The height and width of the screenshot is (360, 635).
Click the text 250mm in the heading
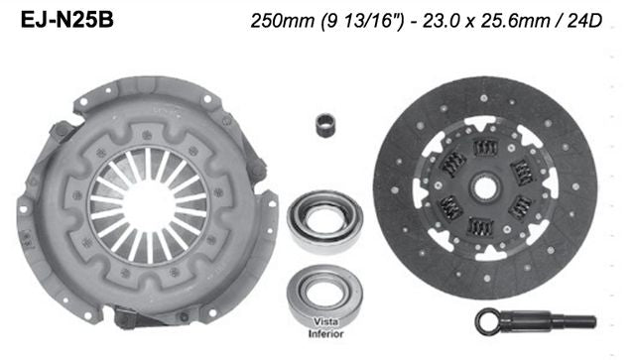coord(275,21)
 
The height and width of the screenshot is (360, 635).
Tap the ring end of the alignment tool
coord(489,319)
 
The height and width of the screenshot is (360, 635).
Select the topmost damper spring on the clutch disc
coord(485,148)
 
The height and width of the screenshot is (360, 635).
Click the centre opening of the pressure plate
coord(148,198)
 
